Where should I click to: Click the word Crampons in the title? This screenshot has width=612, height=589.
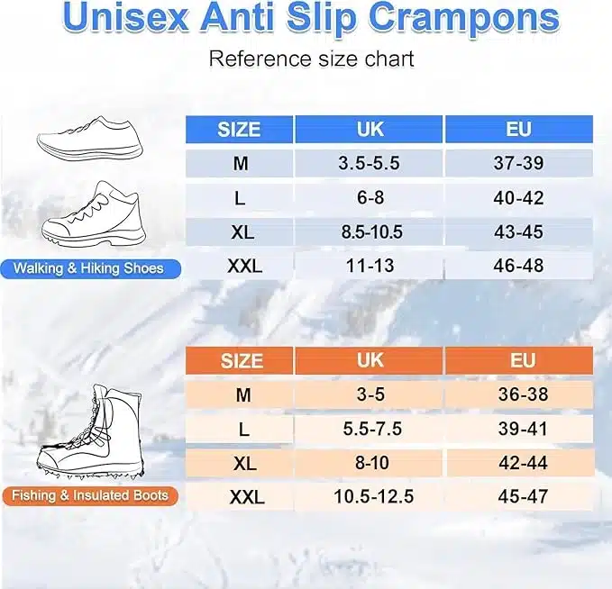tap(463, 18)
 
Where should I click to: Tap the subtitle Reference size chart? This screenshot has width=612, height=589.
tap(311, 59)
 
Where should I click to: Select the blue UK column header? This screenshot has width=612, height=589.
tap(369, 129)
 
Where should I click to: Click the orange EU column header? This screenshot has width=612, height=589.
tap(519, 360)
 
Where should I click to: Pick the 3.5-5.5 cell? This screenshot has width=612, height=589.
tap(369, 163)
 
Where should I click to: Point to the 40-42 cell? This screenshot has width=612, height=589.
tap(519, 198)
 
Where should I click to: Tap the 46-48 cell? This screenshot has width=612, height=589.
tap(519, 266)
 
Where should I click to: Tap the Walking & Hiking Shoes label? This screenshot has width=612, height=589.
tap(90, 268)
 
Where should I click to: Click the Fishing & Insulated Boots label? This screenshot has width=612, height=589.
tap(90, 495)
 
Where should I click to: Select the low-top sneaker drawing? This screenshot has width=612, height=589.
tap(90, 139)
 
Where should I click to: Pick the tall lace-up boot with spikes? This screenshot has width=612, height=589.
tap(91, 431)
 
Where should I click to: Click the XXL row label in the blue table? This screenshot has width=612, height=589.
tap(245, 266)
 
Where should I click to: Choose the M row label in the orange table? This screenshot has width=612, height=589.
tap(243, 394)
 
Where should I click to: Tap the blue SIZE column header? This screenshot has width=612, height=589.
tap(239, 130)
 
